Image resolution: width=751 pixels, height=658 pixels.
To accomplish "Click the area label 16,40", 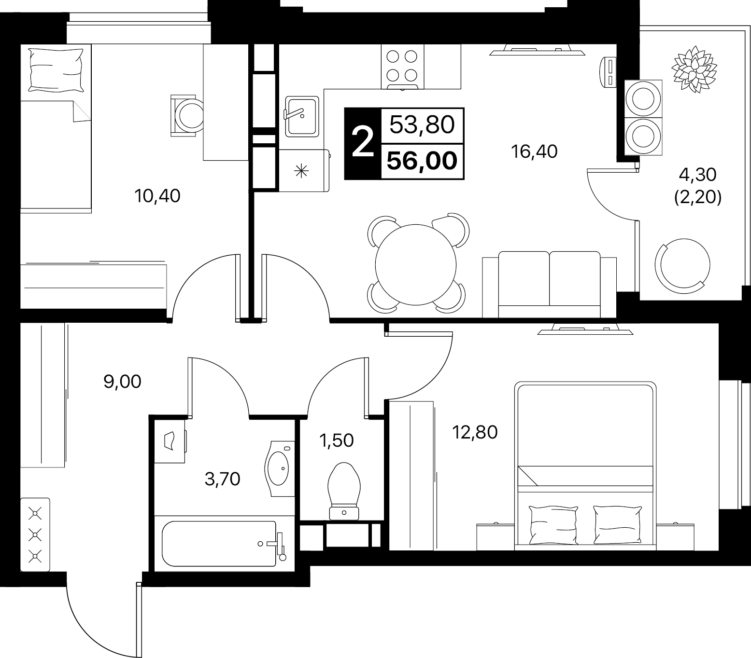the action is pyautogui.click(x=534, y=152).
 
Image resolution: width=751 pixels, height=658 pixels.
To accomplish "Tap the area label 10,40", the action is pyautogui.click(x=158, y=196).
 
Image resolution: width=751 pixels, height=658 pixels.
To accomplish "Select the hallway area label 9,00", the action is pyautogui.click(x=123, y=382).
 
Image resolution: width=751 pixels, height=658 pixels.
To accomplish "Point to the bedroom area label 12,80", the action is pyautogui.click(x=474, y=432).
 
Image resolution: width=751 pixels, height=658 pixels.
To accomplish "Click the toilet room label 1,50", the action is pyautogui.click(x=337, y=440).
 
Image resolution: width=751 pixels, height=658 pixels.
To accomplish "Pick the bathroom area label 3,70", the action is pyautogui.click(x=223, y=479).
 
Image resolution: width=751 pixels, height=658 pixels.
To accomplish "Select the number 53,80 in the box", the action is pyautogui.click(x=422, y=125).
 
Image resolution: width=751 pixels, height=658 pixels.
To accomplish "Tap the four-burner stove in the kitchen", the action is pyautogui.click(x=402, y=67).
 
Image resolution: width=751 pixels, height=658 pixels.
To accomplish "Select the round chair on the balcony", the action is pyautogui.click(x=682, y=265).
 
